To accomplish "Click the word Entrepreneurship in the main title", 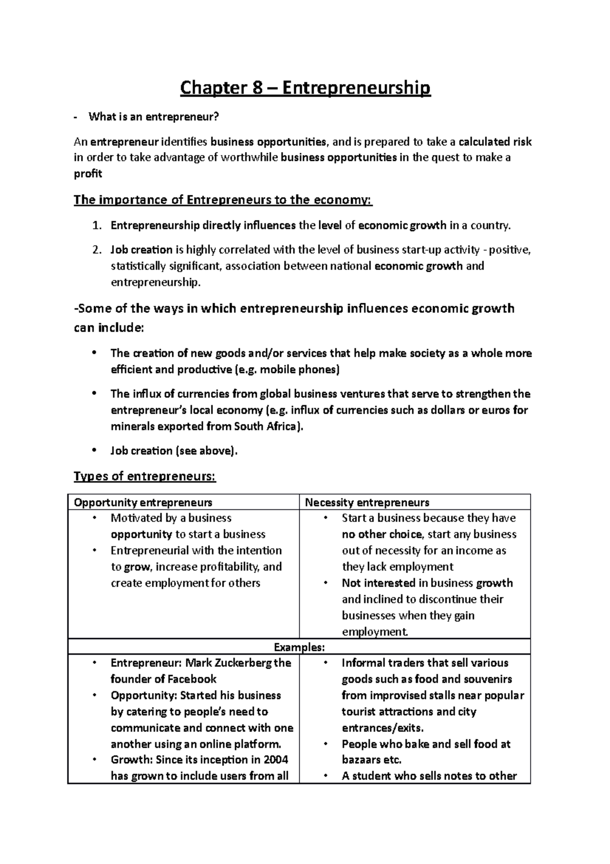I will pyautogui.click(x=356, y=88).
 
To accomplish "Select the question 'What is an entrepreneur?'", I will pyautogui.click(x=154, y=117).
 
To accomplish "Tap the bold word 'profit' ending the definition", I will pyautogui.click(x=88, y=174).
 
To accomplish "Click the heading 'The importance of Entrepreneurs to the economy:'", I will pyautogui.click(x=223, y=199).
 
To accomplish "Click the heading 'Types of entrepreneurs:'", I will pyautogui.click(x=145, y=476).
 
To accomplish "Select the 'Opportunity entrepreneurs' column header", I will pyautogui.click(x=143, y=503).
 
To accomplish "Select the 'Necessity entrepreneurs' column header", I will pyautogui.click(x=367, y=503).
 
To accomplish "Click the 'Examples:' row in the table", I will pyautogui.click(x=299, y=647).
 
